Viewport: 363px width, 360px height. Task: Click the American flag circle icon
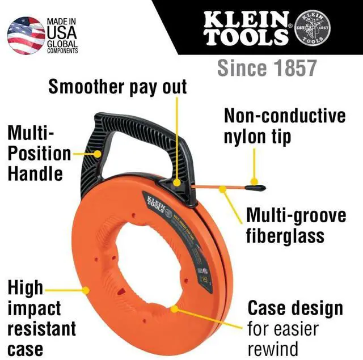(x=26, y=36)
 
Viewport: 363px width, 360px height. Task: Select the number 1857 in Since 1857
(x=292, y=68)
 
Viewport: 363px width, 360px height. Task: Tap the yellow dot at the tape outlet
(x=178, y=183)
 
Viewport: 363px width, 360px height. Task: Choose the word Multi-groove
(x=296, y=216)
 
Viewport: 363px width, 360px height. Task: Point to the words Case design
(x=295, y=308)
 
